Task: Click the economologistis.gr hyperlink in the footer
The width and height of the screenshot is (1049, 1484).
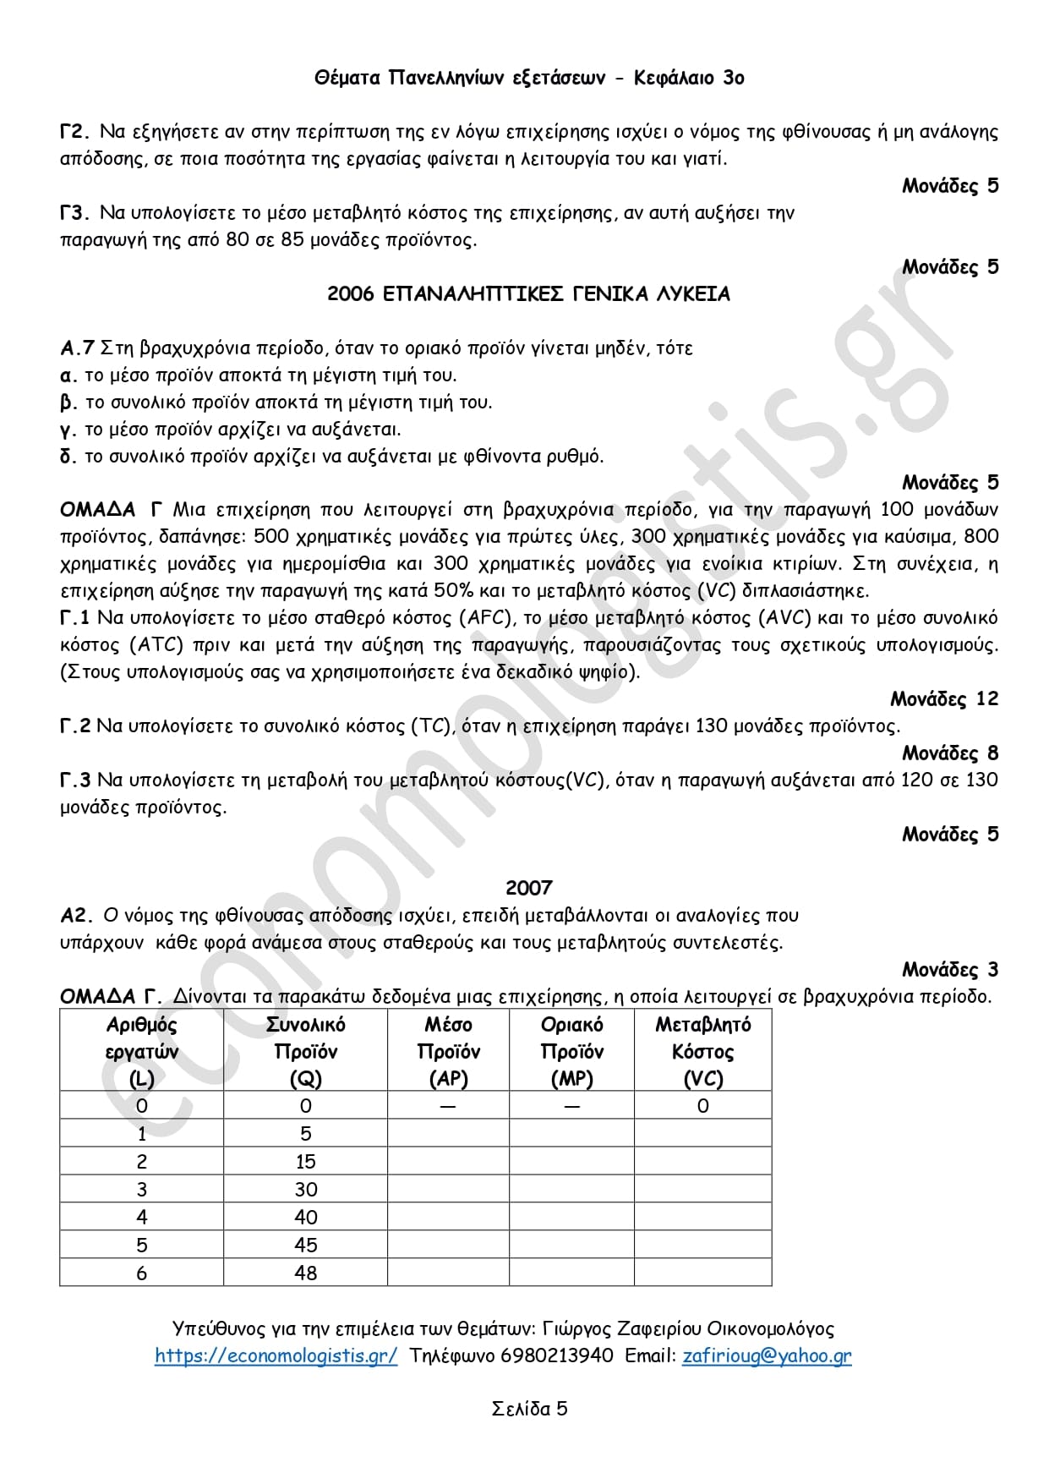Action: [276, 1355]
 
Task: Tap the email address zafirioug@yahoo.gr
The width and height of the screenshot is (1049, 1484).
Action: [767, 1355]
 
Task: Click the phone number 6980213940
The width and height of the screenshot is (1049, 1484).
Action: [557, 1355]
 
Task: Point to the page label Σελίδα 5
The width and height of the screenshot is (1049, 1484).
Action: [529, 1409]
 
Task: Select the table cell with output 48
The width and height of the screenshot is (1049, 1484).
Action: [305, 1273]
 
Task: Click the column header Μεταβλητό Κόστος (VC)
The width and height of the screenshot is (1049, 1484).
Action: [702, 1051]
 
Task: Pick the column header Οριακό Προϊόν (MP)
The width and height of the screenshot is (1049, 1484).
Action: [571, 1051]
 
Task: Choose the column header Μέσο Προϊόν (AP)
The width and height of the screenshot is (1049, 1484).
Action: [448, 1051]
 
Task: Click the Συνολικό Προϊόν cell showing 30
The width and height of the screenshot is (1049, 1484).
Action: [305, 1190]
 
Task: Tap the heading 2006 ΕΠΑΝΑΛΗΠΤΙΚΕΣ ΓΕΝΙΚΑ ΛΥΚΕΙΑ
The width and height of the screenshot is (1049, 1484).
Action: [528, 294]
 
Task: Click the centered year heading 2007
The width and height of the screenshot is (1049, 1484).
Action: [528, 888]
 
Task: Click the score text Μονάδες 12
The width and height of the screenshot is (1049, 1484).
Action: [944, 699]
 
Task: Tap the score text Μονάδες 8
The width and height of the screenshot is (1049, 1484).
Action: [950, 753]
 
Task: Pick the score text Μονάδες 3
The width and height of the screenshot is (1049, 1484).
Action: [950, 970]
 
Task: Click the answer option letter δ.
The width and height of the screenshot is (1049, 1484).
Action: [68, 457]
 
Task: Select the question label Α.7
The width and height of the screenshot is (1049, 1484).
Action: [77, 348]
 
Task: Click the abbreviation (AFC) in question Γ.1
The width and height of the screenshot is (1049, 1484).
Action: [486, 618]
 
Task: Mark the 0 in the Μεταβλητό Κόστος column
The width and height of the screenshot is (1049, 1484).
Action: [702, 1106]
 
